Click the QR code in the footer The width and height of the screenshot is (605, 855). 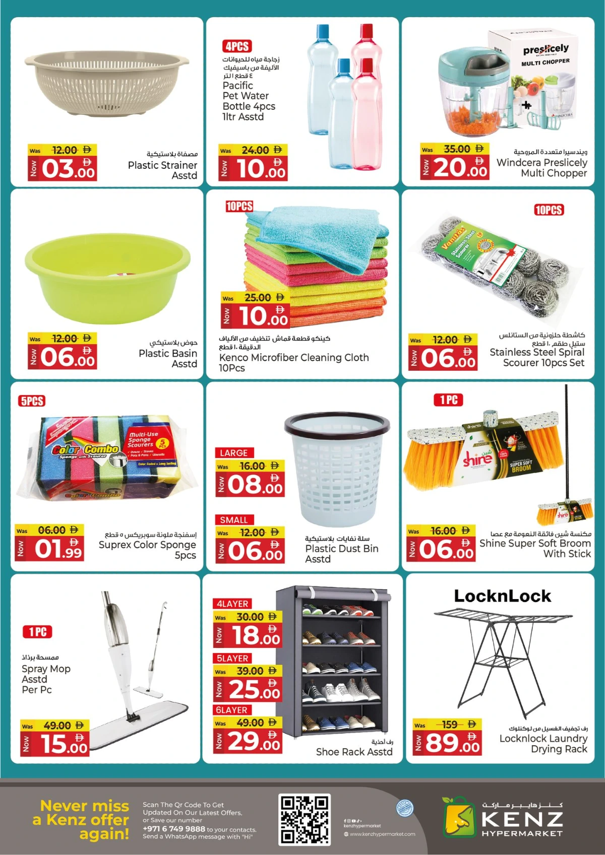(305, 819)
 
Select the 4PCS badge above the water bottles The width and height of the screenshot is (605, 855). (237, 46)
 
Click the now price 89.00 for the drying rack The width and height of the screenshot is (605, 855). (452, 743)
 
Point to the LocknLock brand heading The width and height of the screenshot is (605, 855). (503, 596)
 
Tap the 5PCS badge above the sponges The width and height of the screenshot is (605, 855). (32, 401)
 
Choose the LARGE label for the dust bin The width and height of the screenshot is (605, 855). (233, 453)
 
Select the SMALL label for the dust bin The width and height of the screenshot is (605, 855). (233, 520)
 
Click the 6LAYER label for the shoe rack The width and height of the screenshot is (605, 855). (231, 710)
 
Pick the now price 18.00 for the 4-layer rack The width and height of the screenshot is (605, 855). (255, 635)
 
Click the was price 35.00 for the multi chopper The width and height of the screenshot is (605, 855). (457, 149)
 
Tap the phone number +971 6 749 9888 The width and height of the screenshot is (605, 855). (174, 829)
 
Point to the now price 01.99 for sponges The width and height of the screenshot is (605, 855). (58, 548)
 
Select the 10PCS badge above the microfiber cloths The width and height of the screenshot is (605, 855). (239, 206)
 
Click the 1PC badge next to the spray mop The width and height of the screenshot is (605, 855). (37, 632)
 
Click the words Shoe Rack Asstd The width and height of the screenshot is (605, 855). (354, 752)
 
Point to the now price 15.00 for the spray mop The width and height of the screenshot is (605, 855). (65, 744)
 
